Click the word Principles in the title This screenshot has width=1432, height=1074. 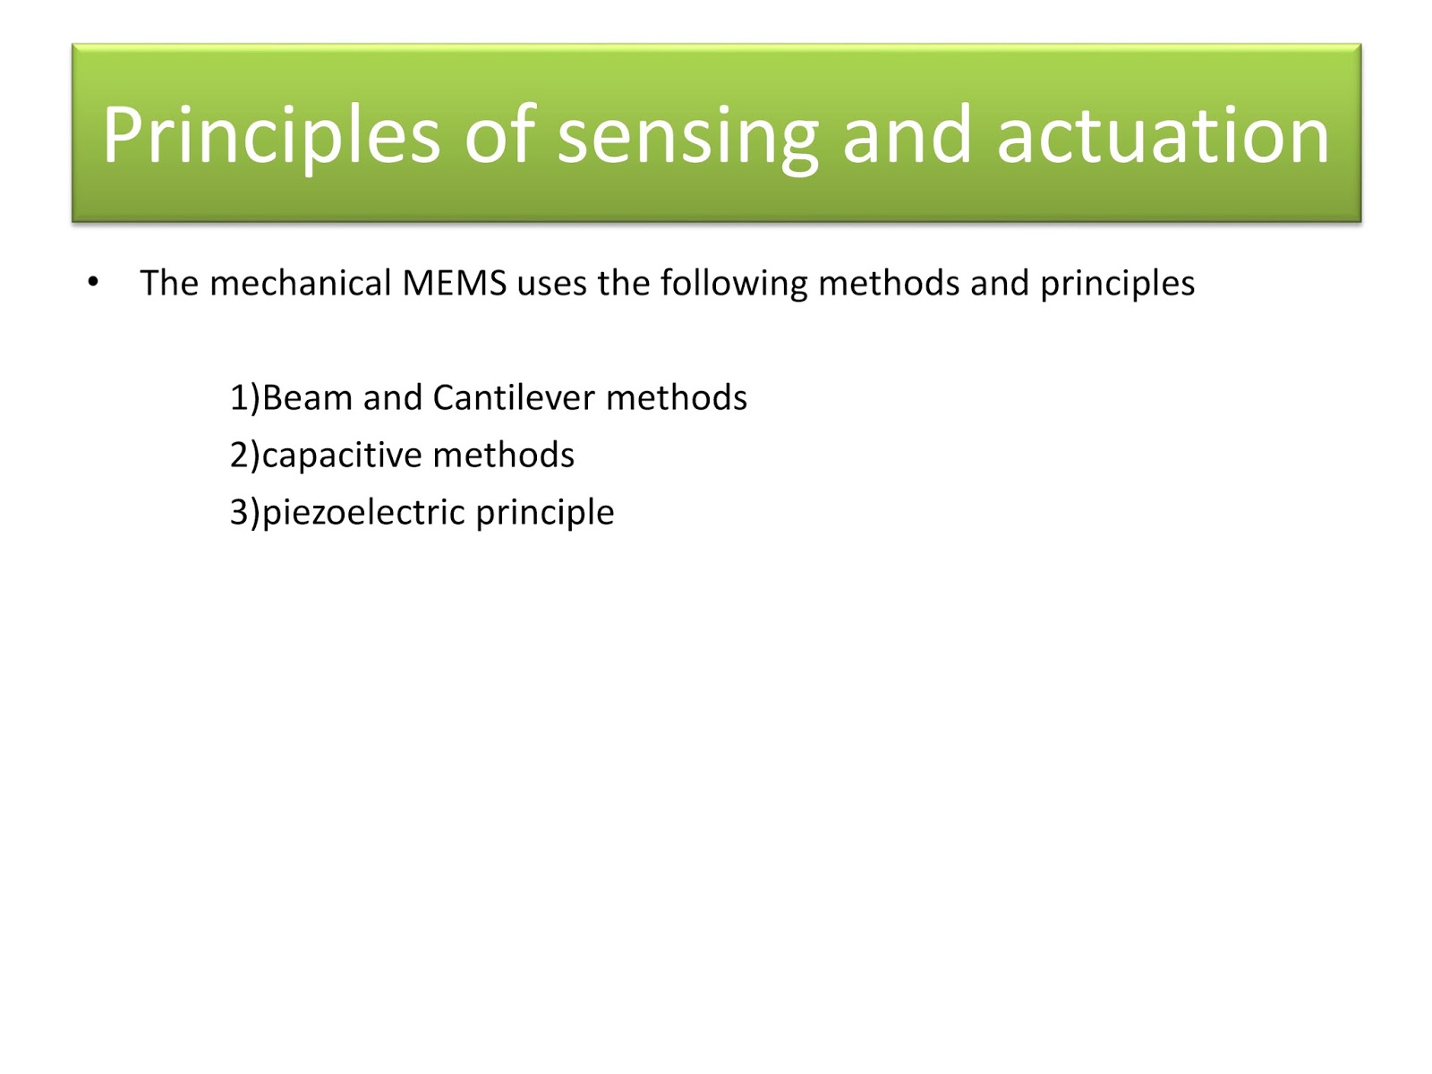point(270,136)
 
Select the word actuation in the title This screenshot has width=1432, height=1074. point(1163,136)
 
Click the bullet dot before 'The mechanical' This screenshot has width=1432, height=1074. point(93,284)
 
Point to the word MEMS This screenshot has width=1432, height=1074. point(455,284)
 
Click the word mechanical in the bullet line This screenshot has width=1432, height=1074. point(301,284)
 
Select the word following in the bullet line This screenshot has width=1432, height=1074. point(734,284)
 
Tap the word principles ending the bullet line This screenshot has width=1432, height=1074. point(1117,284)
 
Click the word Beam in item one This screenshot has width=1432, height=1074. point(307,398)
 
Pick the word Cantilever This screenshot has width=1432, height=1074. point(513,398)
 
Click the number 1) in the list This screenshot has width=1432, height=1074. point(244,398)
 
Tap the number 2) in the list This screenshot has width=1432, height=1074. point(244,456)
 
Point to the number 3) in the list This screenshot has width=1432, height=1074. point(244,513)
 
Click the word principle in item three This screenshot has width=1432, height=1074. point(544,513)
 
